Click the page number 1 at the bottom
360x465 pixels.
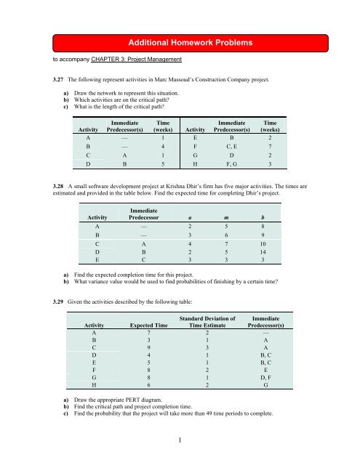coord(180,442)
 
